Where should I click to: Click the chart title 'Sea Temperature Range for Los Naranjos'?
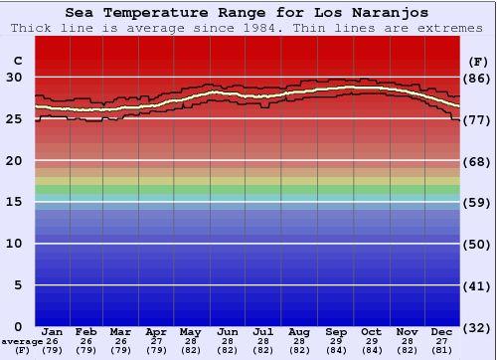click(x=248, y=13)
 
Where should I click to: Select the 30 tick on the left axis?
click(x=16, y=78)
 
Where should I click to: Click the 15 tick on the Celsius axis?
click(x=16, y=202)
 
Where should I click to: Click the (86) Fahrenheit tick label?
click(x=476, y=78)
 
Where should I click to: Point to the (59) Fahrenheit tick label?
click(x=476, y=202)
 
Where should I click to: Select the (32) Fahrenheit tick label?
click(x=476, y=326)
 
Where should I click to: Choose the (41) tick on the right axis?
click(x=476, y=285)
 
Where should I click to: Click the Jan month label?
click(x=53, y=331)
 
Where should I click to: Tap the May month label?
click(x=189, y=331)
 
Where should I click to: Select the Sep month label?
click(x=336, y=331)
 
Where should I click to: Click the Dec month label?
click(x=442, y=331)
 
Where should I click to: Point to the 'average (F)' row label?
click(x=22, y=345)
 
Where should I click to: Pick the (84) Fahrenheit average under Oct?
click(x=372, y=350)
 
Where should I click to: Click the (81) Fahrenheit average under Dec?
click(x=442, y=350)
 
